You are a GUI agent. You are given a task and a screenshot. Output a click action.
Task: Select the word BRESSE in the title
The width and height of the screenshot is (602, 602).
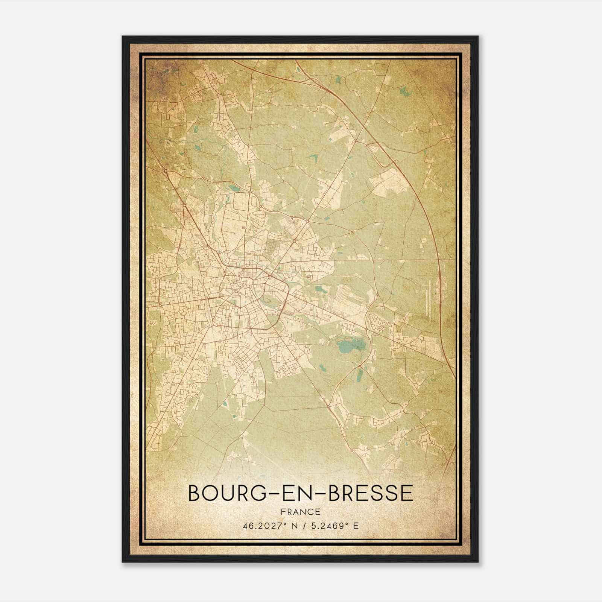(x=371, y=493)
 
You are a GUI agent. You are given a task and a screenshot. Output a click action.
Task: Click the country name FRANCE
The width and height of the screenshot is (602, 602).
(x=301, y=512)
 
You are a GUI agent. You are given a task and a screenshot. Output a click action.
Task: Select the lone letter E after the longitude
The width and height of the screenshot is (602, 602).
(x=356, y=526)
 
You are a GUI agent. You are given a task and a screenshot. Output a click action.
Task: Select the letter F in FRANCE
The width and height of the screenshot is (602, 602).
(x=283, y=512)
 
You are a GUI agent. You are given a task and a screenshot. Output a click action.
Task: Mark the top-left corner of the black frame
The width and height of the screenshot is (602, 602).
(x=123, y=36)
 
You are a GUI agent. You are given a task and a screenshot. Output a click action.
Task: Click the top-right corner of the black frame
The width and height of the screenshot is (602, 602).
(x=478, y=36)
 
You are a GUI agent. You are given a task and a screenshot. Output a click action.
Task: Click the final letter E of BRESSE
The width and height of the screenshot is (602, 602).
(x=407, y=493)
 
